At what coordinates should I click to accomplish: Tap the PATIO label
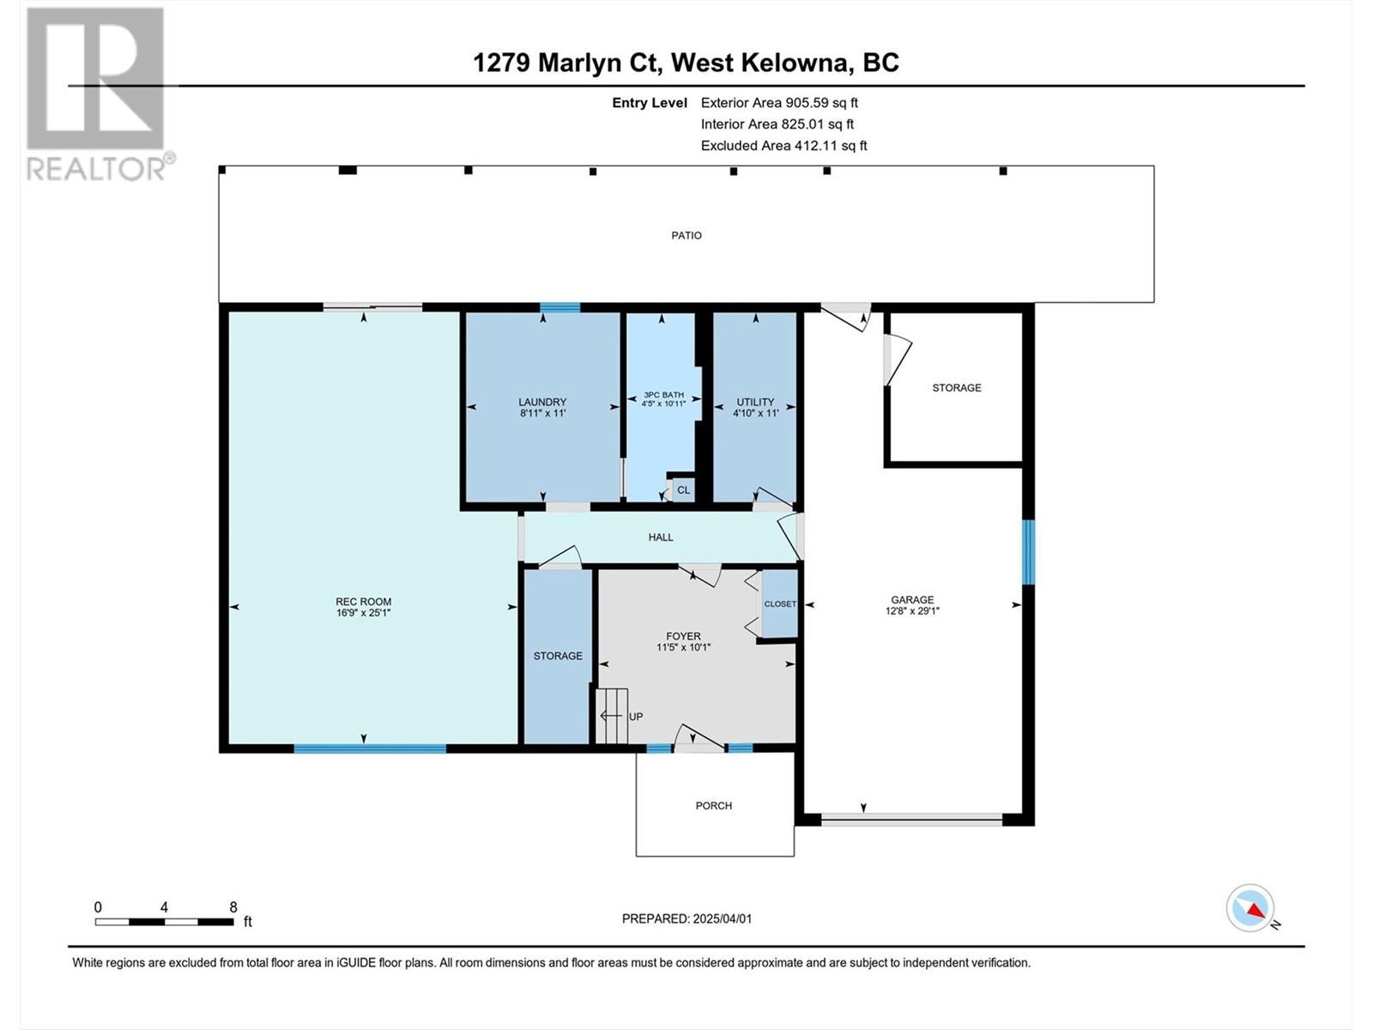tap(686, 236)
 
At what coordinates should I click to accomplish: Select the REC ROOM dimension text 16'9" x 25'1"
tap(363, 613)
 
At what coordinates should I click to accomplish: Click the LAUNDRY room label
tap(542, 402)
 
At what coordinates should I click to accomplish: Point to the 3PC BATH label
tap(663, 395)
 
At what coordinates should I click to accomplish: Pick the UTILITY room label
tap(755, 402)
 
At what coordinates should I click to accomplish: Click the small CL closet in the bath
tap(683, 489)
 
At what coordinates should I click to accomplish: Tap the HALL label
tap(661, 537)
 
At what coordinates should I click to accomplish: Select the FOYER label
tap(683, 636)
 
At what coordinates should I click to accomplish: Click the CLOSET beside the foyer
tap(780, 603)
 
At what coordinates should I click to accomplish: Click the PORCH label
tap(714, 805)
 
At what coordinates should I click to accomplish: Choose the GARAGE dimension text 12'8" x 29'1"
tap(912, 610)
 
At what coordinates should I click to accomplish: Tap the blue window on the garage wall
tap(1028, 552)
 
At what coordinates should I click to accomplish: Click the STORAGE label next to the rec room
tap(558, 656)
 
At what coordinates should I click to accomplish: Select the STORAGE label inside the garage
tap(957, 388)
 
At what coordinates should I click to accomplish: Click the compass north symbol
tap(1249, 907)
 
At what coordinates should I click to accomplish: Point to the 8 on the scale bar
tap(233, 906)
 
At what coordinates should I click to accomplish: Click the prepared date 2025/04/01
tap(722, 918)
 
